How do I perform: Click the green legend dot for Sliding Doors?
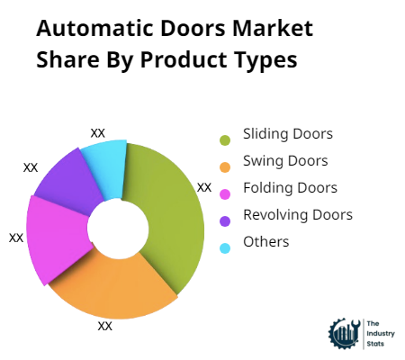[x=225, y=140]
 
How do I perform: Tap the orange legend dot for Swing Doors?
[x=225, y=167]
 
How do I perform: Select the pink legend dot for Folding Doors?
[x=225, y=194]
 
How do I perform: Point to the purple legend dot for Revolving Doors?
[x=225, y=221]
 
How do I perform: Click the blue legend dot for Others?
[x=225, y=248]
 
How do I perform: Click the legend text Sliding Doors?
[x=288, y=134]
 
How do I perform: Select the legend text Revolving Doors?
[x=298, y=215]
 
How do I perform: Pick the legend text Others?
[x=266, y=242]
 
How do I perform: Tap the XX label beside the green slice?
[x=204, y=188]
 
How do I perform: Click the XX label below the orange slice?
[x=105, y=326]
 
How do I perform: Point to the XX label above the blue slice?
[x=98, y=133]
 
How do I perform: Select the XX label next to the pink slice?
[x=16, y=238]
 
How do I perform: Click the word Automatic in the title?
[x=94, y=29]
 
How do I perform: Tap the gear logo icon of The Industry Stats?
[x=345, y=334]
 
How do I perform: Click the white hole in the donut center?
[x=118, y=228]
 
